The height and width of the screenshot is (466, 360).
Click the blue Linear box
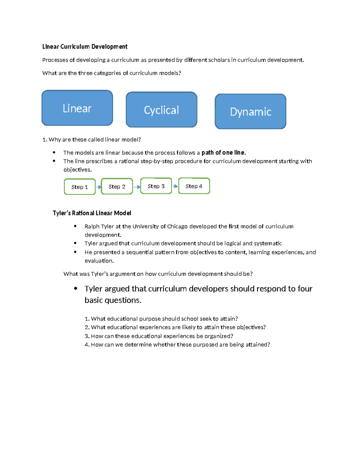tap(77, 108)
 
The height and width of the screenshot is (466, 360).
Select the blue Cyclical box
tap(161, 110)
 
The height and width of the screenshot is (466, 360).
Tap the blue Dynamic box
tap(250, 112)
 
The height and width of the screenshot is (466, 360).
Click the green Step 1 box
tap(79, 187)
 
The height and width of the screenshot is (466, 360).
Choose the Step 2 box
tap(117, 187)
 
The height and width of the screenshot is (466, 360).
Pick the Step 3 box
tap(156, 186)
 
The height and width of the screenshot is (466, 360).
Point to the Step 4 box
tap(194, 186)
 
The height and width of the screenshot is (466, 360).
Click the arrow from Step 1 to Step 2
tap(99, 187)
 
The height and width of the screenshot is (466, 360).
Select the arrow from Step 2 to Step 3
tap(137, 187)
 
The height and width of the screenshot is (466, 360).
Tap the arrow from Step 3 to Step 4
tap(175, 186)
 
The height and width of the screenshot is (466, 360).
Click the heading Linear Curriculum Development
tap(85, 47)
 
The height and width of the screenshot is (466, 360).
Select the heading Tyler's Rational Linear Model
tap(92, 213)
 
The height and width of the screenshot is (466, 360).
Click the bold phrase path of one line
tap(223, 152)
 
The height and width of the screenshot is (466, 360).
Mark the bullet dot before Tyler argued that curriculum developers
tap(76, 288)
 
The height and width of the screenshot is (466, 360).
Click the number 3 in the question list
tap(86, 336)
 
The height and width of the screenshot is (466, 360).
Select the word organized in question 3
tap(219, 336)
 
